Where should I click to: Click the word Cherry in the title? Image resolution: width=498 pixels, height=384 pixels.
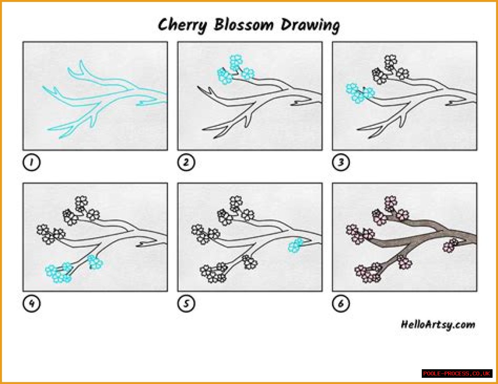[x=182, y=25]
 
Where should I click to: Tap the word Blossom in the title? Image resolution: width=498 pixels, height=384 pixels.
[x=244, y=24]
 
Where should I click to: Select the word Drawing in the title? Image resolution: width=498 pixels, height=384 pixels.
[x=310, y=25]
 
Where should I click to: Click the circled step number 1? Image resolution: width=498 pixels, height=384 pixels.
[x=32, y=162]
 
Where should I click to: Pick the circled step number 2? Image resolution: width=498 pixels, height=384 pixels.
[x=186, y=162]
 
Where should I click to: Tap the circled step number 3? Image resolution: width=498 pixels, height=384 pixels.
[x=341, y=162]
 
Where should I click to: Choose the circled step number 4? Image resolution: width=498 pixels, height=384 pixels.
[x=32, y=304]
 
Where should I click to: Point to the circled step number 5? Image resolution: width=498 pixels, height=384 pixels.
[x=186, y=304]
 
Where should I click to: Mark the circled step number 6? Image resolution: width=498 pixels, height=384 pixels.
[x=341, y=304]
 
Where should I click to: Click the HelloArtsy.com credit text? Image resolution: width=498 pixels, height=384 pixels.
[x=438, y=325]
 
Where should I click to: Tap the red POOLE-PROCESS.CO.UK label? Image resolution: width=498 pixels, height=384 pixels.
[x=457, y=374]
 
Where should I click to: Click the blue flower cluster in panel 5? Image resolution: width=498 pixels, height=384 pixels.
[x=296, y=245]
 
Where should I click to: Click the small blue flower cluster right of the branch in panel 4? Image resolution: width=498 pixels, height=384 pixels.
[x=95, y=262]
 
